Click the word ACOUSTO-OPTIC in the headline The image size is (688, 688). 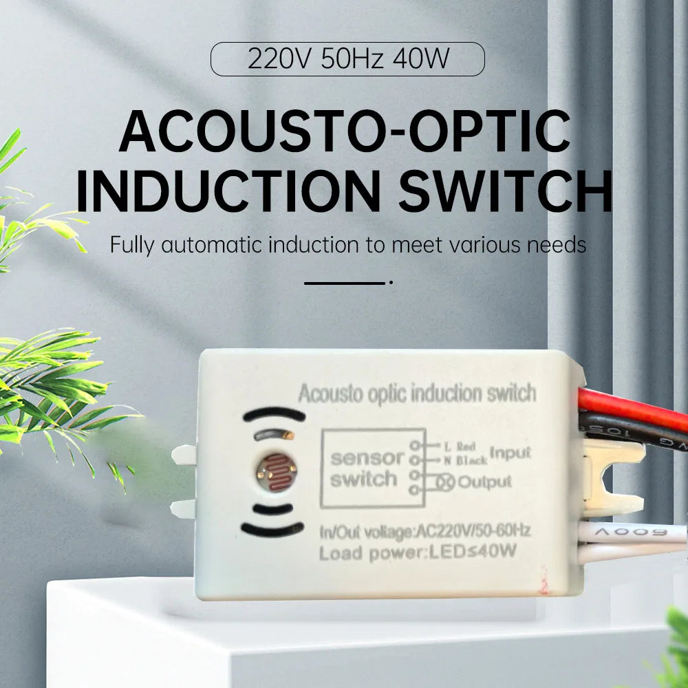tap(344, 132)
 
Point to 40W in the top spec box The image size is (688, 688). tap(420, 59)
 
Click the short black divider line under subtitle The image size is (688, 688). tap(345, 282)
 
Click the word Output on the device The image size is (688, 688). tap(484, 482)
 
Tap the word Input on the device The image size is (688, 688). tap(510, 453)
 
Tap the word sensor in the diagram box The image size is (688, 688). tap(367, 458)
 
